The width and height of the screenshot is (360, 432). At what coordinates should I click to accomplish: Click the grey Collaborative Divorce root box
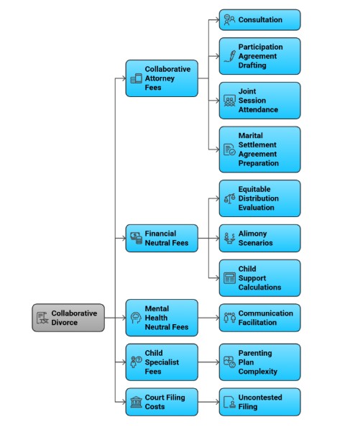(x=68, y=318)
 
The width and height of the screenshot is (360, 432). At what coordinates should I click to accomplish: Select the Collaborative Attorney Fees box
(x=162, y=78)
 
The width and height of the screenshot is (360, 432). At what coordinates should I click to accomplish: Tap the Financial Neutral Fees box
(x=162, y=238)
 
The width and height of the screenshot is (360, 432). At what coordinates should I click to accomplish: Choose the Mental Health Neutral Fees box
(x=162, y=318)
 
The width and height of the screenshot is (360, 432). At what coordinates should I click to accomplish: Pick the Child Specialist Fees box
(x=162, y=362)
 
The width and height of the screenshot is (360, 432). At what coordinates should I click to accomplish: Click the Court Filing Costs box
(x=162, y=402)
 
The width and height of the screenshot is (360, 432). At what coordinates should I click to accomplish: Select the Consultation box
(x=259, y=20)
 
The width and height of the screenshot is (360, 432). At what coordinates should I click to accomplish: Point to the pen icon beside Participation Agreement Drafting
(x=230, y=56)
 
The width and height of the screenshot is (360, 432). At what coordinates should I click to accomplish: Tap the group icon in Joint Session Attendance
(x=229, y=101)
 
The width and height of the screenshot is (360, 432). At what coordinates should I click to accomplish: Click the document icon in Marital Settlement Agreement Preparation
(x=229, y=150)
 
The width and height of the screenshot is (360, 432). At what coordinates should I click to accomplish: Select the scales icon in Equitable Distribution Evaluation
(x=229, y=198)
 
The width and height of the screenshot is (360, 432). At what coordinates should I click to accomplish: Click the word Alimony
(x=253, y=234)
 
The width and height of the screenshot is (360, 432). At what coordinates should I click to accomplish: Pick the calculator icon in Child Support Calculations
(x=229, y=278)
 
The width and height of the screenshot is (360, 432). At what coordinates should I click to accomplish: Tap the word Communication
(x=266, y=313)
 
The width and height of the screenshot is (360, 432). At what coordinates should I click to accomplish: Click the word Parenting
(x=255, y=354)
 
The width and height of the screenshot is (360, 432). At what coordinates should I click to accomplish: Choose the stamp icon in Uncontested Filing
(x=229, y=402)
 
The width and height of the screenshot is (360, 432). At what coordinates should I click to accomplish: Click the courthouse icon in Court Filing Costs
(x=136, y=402)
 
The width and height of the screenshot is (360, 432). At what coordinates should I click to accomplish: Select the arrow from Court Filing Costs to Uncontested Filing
(x=208, y=402)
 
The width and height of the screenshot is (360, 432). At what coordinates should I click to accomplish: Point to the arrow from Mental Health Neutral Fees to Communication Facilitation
(x=208, y=318)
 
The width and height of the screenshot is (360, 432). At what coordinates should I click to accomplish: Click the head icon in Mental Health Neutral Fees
(x=136, y=318)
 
